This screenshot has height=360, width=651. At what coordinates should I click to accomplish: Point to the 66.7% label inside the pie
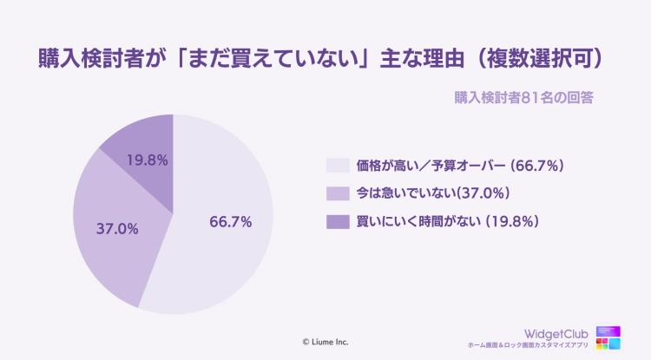point(231,222)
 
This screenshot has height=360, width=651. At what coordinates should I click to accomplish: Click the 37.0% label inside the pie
point(117,230)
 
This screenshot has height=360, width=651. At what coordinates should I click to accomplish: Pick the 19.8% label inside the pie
point(148,160)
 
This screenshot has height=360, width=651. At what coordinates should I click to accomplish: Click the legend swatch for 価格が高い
point(337,165)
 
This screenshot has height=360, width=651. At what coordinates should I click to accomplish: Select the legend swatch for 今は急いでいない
point(337,193)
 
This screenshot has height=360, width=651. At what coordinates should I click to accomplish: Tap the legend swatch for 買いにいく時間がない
point(337,221)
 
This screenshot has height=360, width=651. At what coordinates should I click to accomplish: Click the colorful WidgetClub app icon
point(609,337)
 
